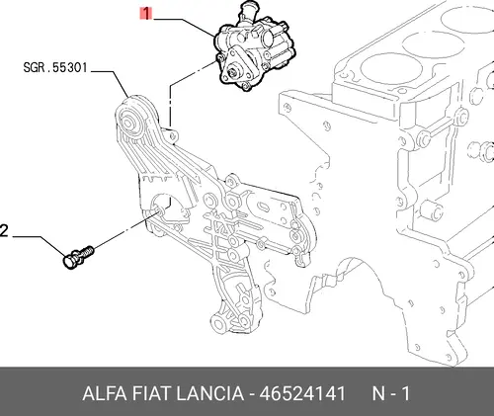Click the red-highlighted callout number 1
(145, 14)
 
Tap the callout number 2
(3, 231)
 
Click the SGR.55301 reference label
(55, 68)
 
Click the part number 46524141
(302, 393)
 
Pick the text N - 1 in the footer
(391, 393)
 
